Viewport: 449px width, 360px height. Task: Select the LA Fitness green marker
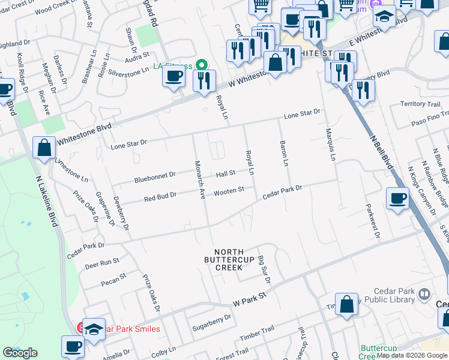202,65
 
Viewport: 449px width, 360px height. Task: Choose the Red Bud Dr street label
160,196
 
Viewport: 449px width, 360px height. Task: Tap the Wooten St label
229,190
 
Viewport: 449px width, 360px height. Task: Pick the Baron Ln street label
285,154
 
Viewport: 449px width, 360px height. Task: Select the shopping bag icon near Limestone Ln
44,146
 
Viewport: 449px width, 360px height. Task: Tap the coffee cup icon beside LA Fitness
174,76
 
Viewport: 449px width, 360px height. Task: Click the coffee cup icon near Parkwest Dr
397,197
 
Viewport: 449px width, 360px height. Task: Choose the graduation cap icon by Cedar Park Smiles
94,329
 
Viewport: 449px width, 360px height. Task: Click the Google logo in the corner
20,353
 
